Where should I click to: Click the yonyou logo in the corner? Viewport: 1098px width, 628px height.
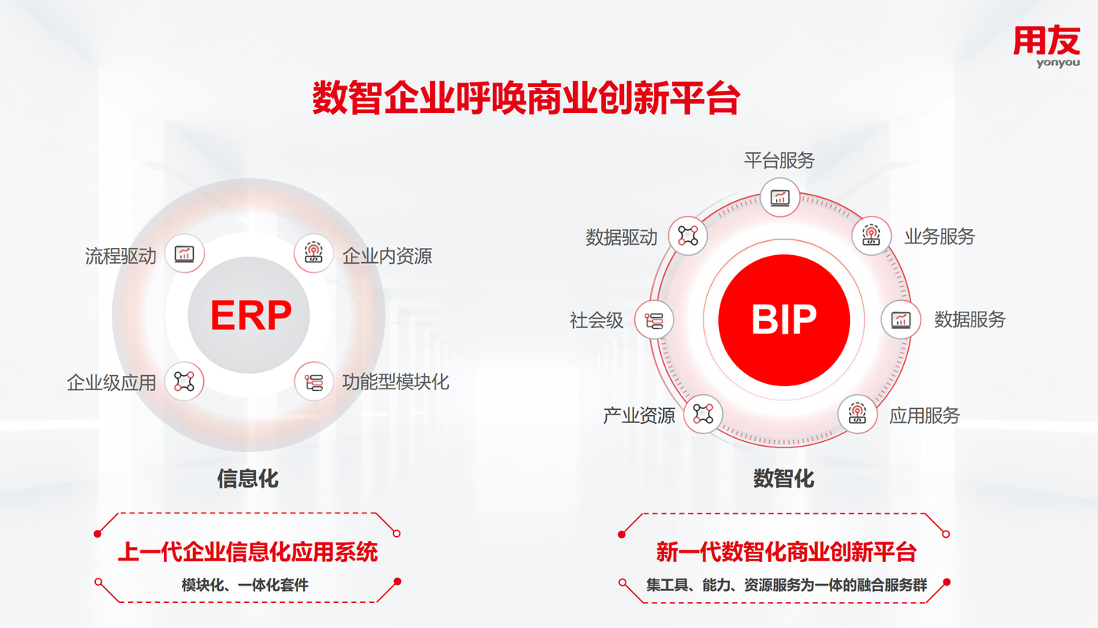point(1046,46)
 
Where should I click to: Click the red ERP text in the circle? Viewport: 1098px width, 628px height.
point(251,316)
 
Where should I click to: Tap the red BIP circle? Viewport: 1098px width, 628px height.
point(784,319)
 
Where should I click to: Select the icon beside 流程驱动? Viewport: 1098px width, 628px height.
point(184,254)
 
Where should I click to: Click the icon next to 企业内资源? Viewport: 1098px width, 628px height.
point(314,254)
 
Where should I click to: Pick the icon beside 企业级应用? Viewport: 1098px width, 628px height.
point(184,382)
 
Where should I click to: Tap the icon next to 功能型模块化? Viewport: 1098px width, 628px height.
point(314,382)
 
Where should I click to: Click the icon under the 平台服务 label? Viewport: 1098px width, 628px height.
point(780,198)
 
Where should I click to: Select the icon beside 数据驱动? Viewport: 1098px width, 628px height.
point(688,235)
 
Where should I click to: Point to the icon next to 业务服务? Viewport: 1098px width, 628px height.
point(871,235)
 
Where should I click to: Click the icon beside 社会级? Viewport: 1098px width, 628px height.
point(654,320)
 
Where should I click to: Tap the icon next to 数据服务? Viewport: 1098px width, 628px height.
point(901,320)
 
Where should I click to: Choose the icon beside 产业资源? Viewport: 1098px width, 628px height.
point(703,414)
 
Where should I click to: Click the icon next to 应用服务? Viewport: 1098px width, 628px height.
point(857,414)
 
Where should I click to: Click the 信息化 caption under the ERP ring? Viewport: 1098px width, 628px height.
point(248,479)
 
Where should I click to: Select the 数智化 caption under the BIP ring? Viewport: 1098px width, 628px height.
point(783,479)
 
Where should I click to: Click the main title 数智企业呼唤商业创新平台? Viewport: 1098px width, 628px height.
point(526,98)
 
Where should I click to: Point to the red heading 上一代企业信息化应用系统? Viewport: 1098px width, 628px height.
point(248,552)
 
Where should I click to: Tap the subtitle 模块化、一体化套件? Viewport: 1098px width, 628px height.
point(245,585)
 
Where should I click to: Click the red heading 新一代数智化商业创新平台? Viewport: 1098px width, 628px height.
point(786,552)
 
